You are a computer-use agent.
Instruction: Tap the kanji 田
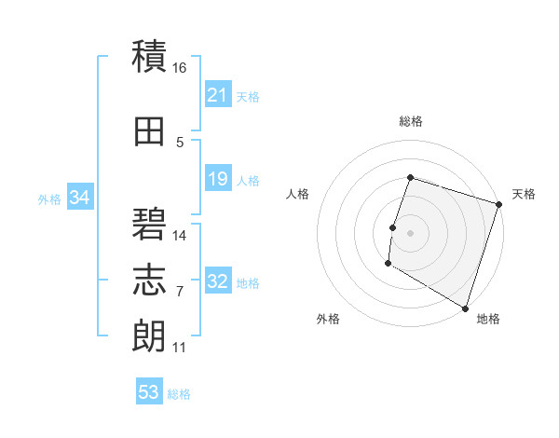(150, 132)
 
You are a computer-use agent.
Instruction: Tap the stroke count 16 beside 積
(180, 68)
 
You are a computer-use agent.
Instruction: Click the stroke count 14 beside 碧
(180, 236)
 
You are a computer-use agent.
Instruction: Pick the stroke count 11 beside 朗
(179, 348)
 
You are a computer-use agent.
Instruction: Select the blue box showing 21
(218, 95)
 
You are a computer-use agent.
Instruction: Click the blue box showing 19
(218, 179)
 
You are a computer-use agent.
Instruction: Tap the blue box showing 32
(218, 281)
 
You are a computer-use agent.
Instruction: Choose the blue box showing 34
(79, 198)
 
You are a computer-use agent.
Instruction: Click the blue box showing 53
(148, 392)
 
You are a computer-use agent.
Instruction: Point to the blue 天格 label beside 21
(248, 96)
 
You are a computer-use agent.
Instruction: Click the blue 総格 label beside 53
(179, 394)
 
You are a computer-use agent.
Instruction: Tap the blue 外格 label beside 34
(49, 198)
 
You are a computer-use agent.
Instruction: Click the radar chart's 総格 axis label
(410, 121)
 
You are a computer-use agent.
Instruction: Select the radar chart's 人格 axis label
(298, 194)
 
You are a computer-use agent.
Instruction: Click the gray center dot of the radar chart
(410, 232)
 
